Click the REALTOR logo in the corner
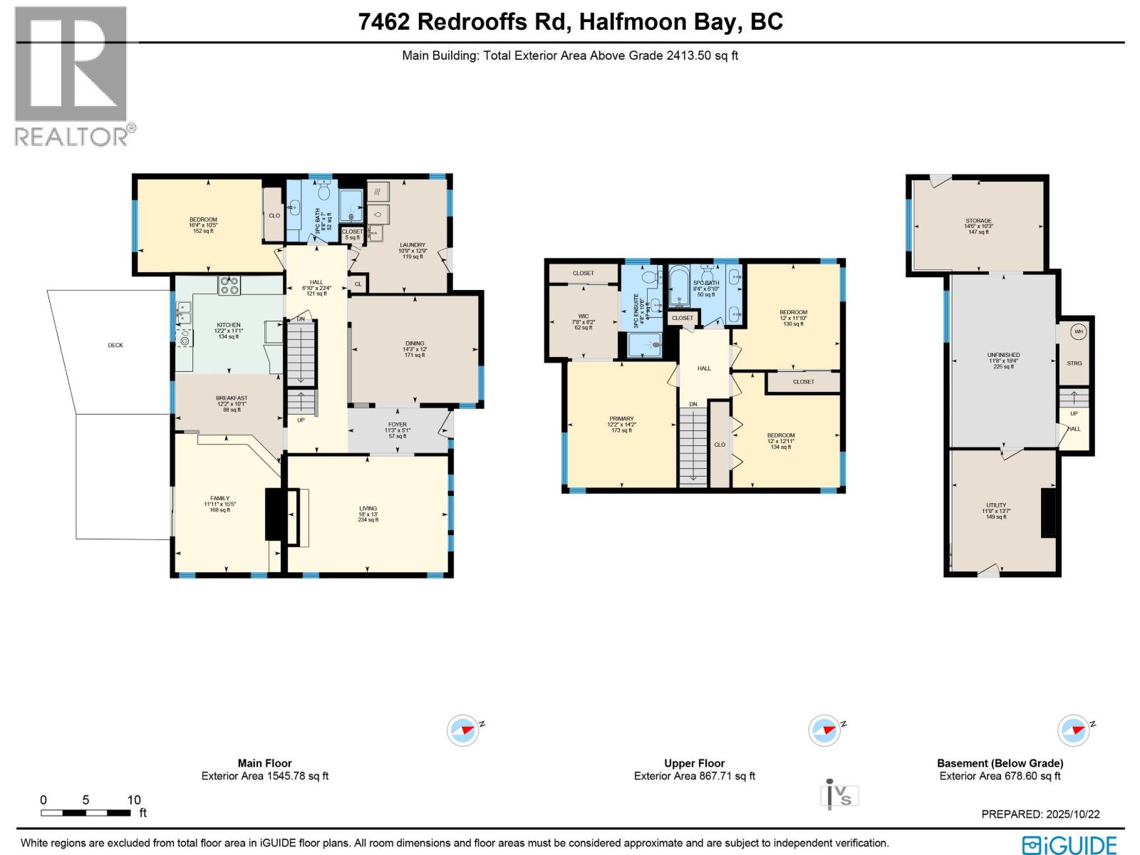[x=71, y=75]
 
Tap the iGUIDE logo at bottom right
[x=1069, y=845]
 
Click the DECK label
[x=115, y=346]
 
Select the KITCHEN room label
[x=229, y=326]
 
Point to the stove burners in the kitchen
[x=229, y=285]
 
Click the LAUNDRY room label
[x=413, y=245]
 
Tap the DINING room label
[x=415, y=343]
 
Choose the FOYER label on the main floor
[x=398, y=425]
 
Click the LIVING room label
[x=368, y=509]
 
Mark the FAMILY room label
[x=219, y=499]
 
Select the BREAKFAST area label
[x=232, y=398]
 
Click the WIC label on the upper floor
[x=584, y=316]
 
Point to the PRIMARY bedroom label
[x=621, y=419]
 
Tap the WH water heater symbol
[x=1078, y=331]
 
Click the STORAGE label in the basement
[x=978, y=221]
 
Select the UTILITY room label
[x=996, y=505]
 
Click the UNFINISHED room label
[x=1003, y=355]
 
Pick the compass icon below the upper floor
[x=824, y=731]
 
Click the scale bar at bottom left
[x=85, y=812]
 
